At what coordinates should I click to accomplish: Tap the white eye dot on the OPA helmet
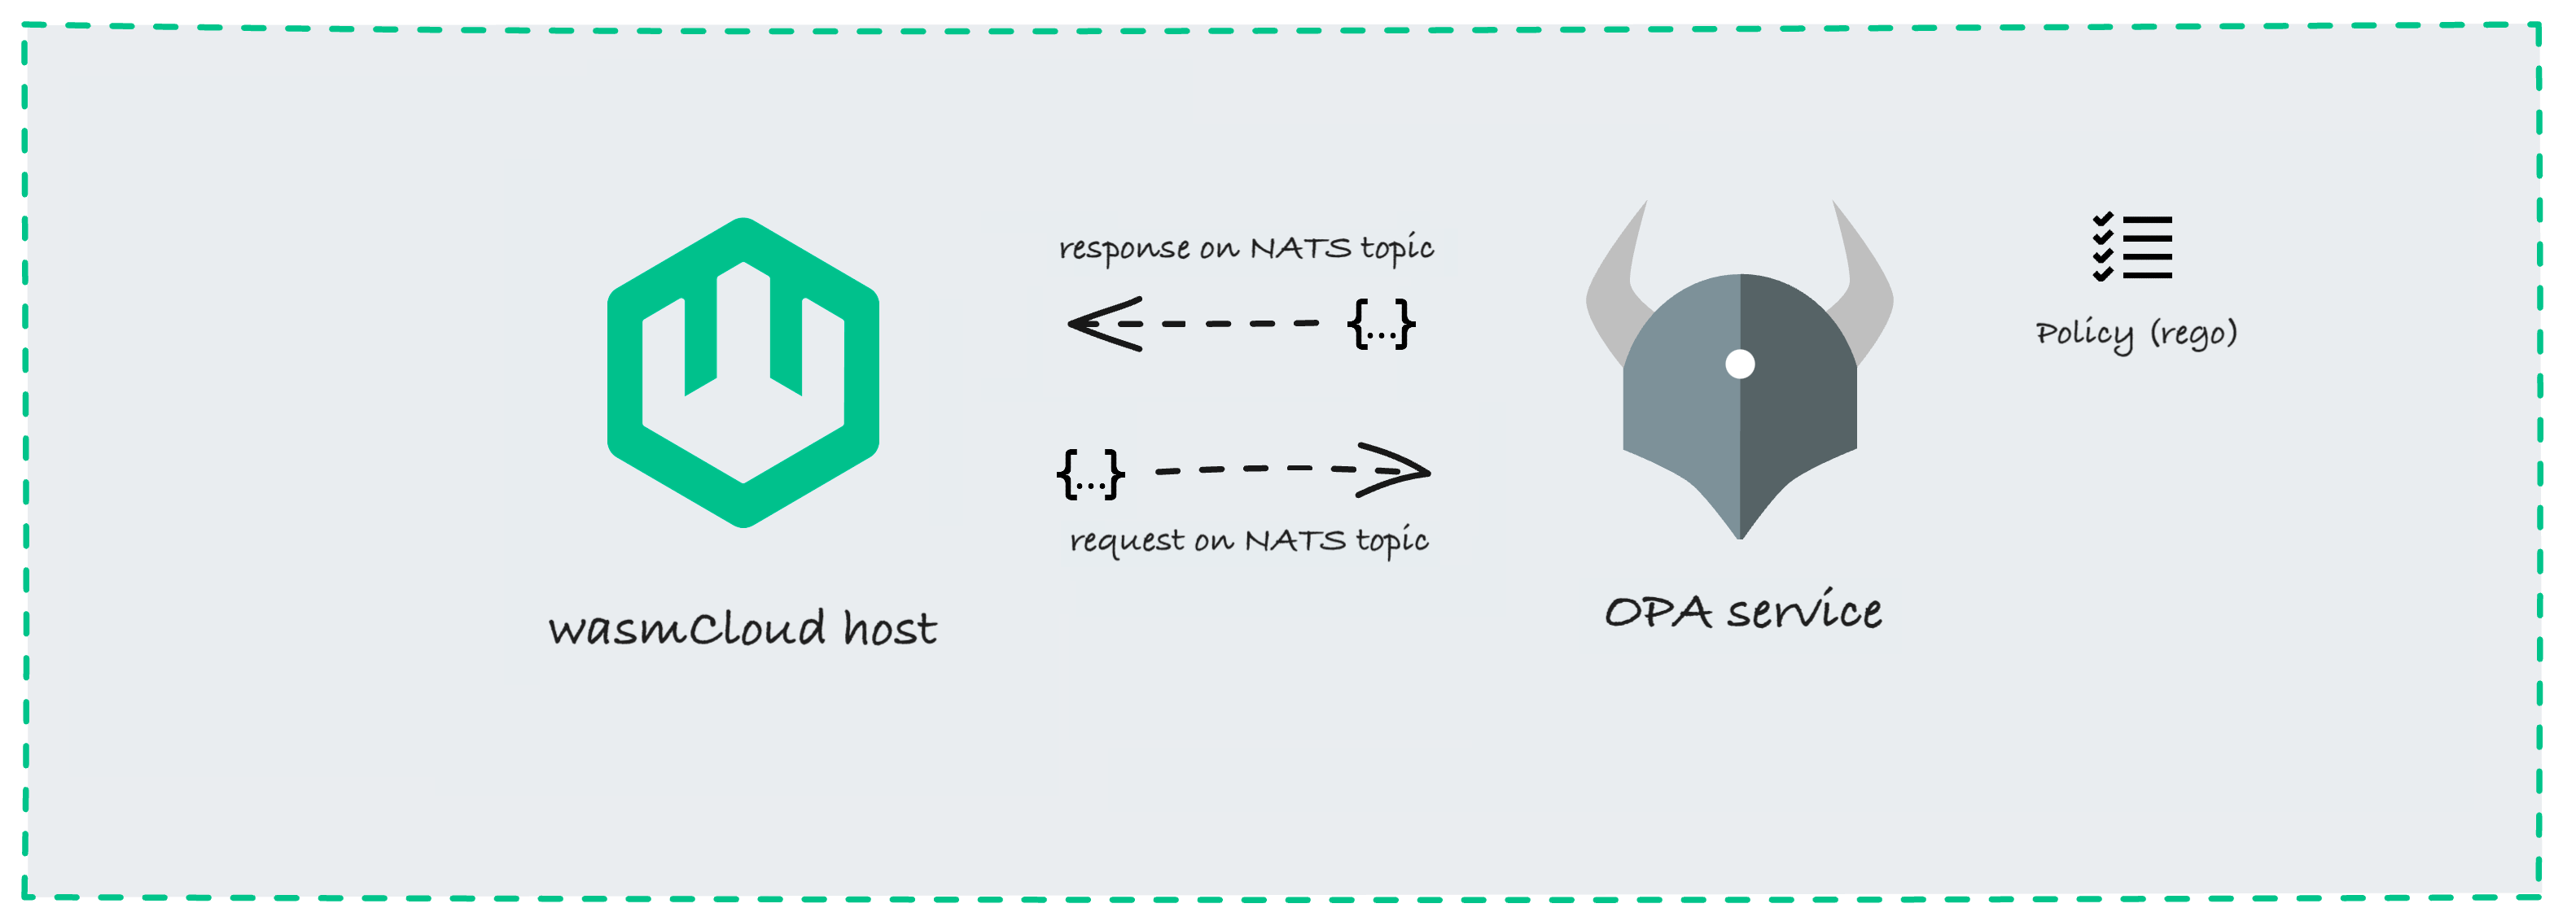(x=1739, y=364)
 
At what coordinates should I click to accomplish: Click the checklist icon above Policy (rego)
(x=2132, y=247)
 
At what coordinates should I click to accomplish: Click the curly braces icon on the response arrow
(x=1381, y=323)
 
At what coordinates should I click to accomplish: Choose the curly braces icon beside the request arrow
(x=1090, y=474)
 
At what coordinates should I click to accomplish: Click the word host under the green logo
(x=890, y=629)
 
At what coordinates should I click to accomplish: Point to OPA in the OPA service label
(x=1658, y=613)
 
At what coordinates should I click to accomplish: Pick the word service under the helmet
(x=1803, y=611)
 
